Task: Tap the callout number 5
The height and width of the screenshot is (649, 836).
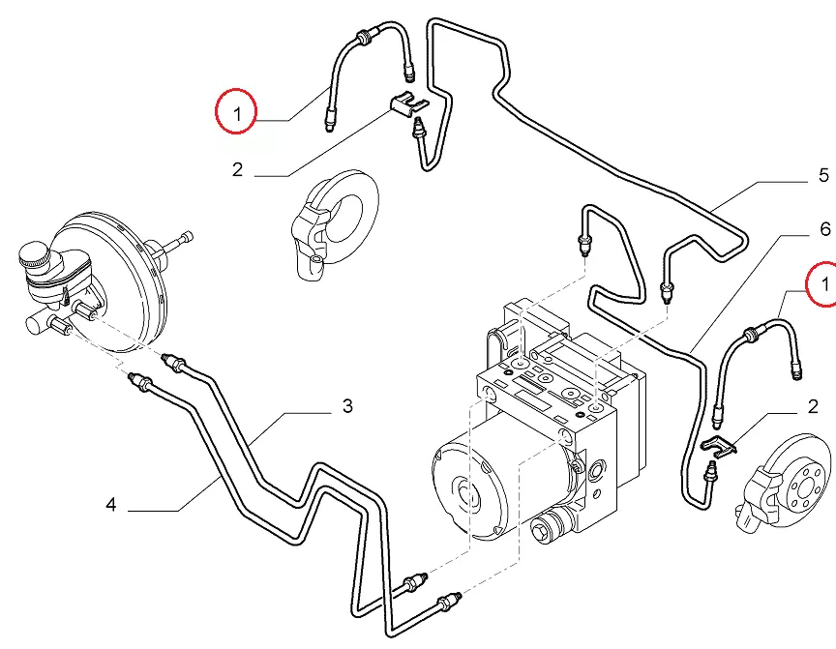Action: [x=823, y=175]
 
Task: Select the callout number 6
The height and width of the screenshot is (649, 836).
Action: [x=824, y=229]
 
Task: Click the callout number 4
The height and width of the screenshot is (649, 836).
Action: [x=111, y=504]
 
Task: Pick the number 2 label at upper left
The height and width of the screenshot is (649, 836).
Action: [x=237, y=170]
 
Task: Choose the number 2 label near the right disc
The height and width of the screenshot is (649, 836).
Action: [x=824, y=407]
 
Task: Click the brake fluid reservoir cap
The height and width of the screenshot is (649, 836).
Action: [x=35, y=256]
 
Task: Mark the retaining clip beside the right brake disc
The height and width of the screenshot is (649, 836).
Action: [x=717, y=445]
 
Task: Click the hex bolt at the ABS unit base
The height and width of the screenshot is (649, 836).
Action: [x=544, y=530]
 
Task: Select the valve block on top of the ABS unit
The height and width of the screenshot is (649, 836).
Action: [x=547, y=368]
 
